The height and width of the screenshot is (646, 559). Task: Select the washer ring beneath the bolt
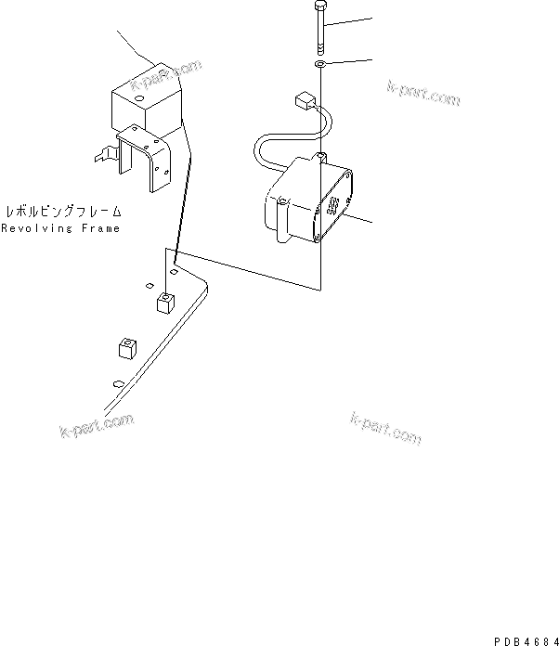(x=318, y=66)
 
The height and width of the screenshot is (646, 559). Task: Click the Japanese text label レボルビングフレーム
(x=63, y=211)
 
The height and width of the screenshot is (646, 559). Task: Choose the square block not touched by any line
(x=126, y=349)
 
